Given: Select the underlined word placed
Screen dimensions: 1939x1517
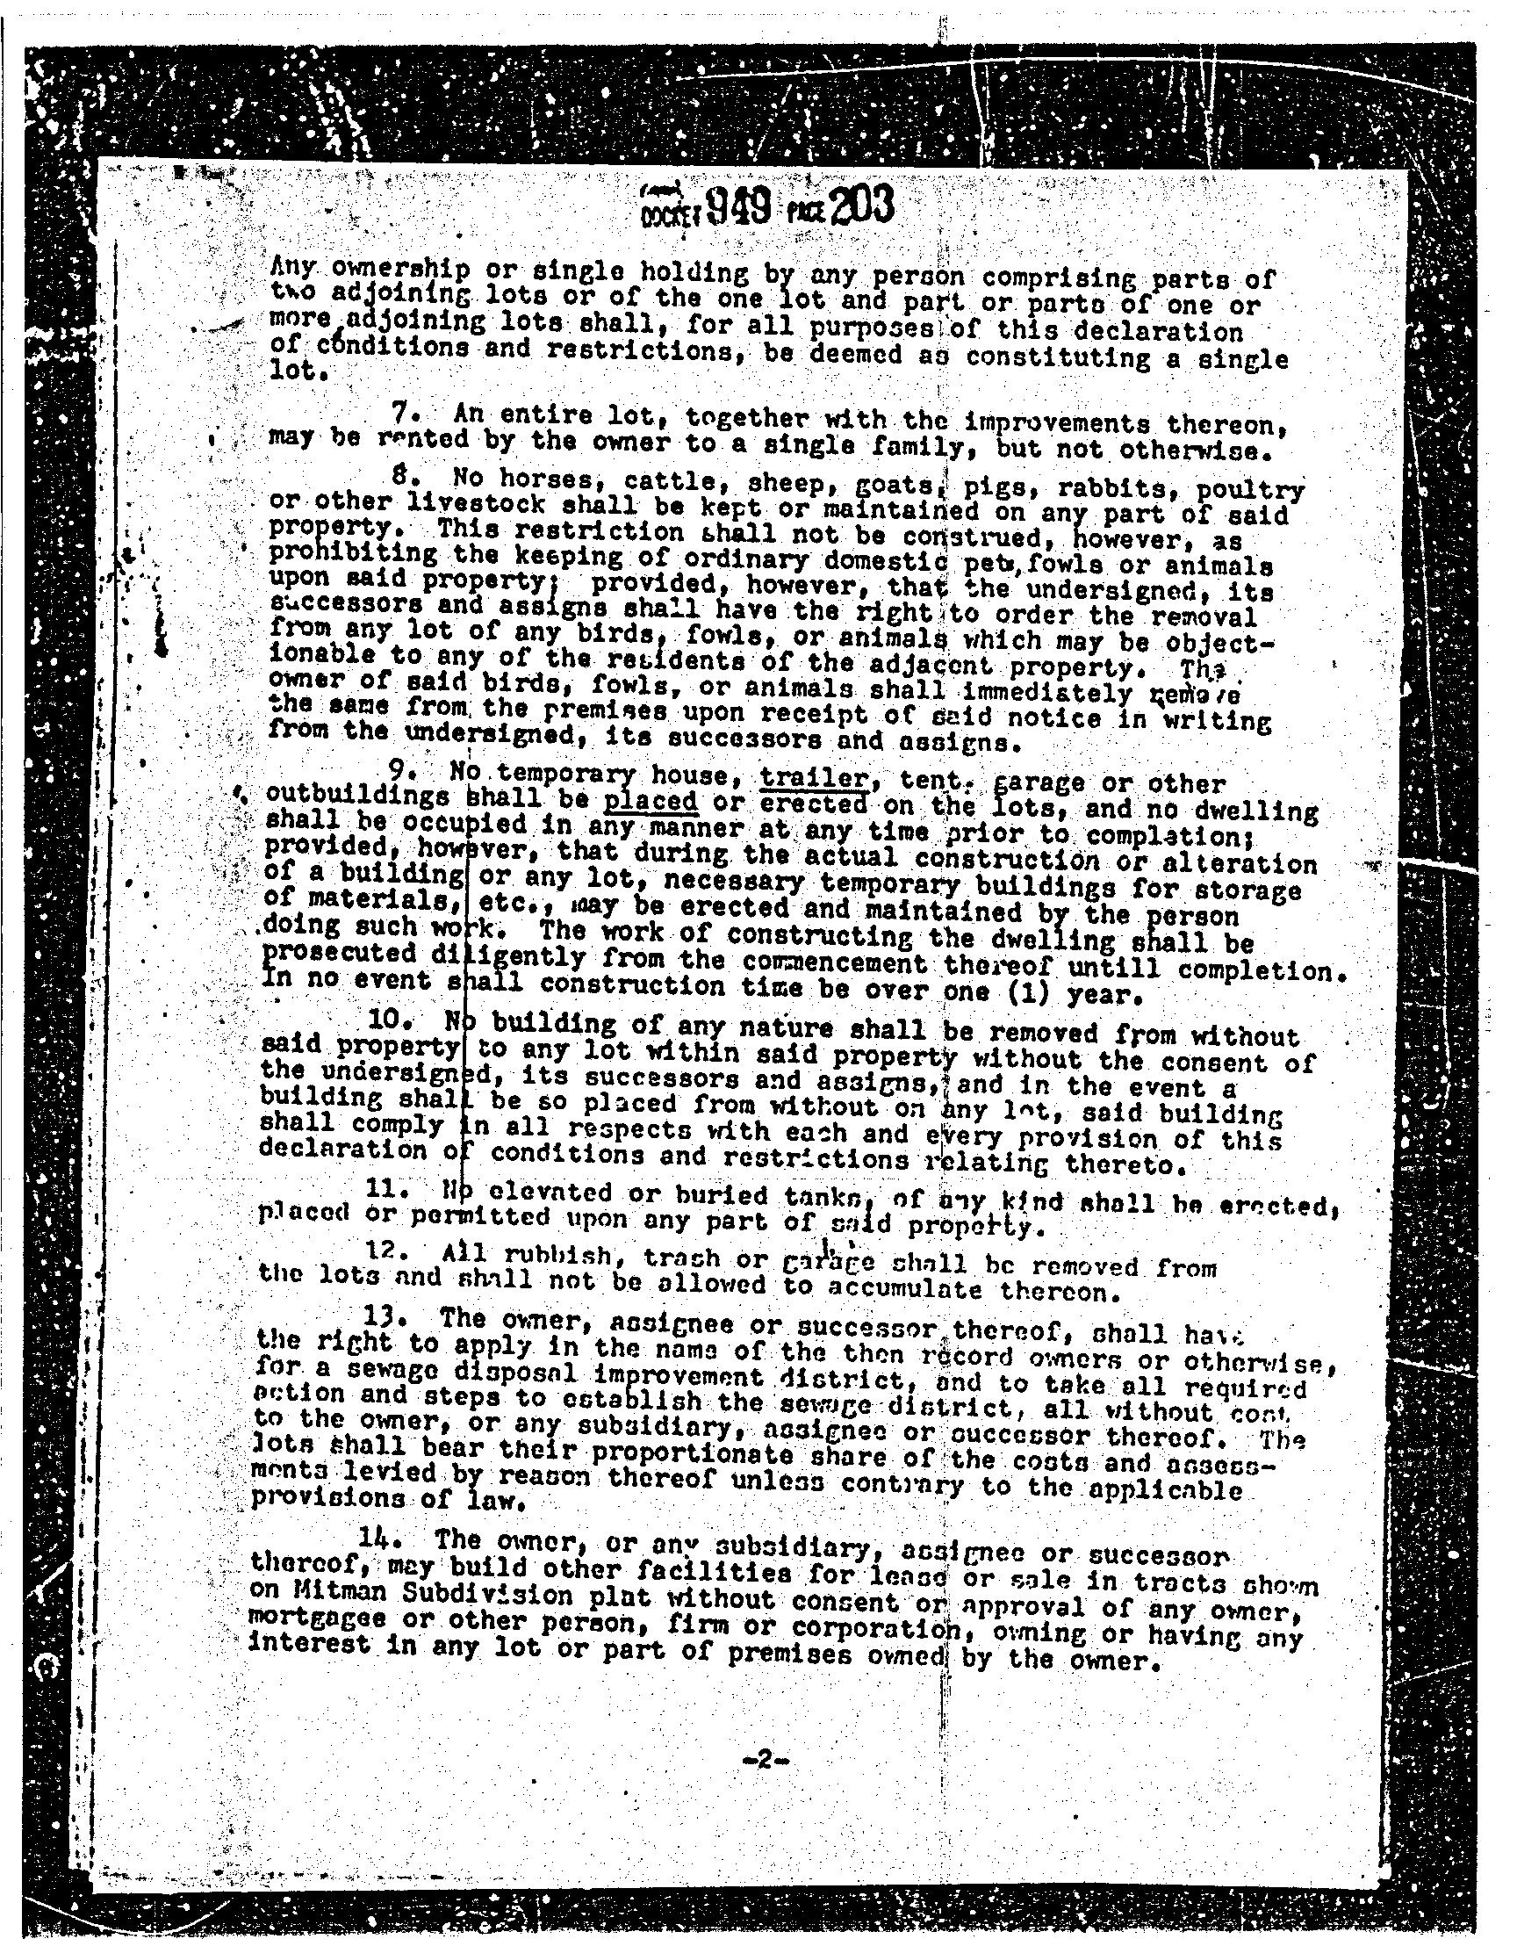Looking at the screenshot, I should click(651, 803).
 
